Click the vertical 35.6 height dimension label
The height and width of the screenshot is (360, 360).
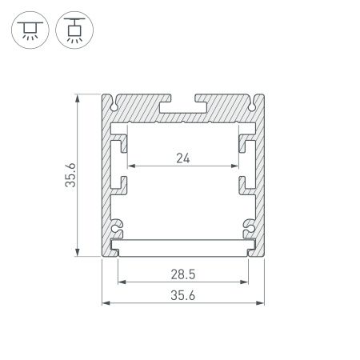(x=70, y=176)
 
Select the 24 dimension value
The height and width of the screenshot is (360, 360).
(x=182, y=157)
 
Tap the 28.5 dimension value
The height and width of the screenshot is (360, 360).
(x=182, y=274)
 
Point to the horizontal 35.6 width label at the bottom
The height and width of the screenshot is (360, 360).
(x=182, y=295)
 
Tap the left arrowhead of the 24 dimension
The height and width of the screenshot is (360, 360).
(x=131, y=166)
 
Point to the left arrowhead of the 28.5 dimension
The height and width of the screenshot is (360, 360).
(x=121, y=282)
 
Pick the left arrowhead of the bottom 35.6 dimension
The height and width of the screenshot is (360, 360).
(x=105, y=302)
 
